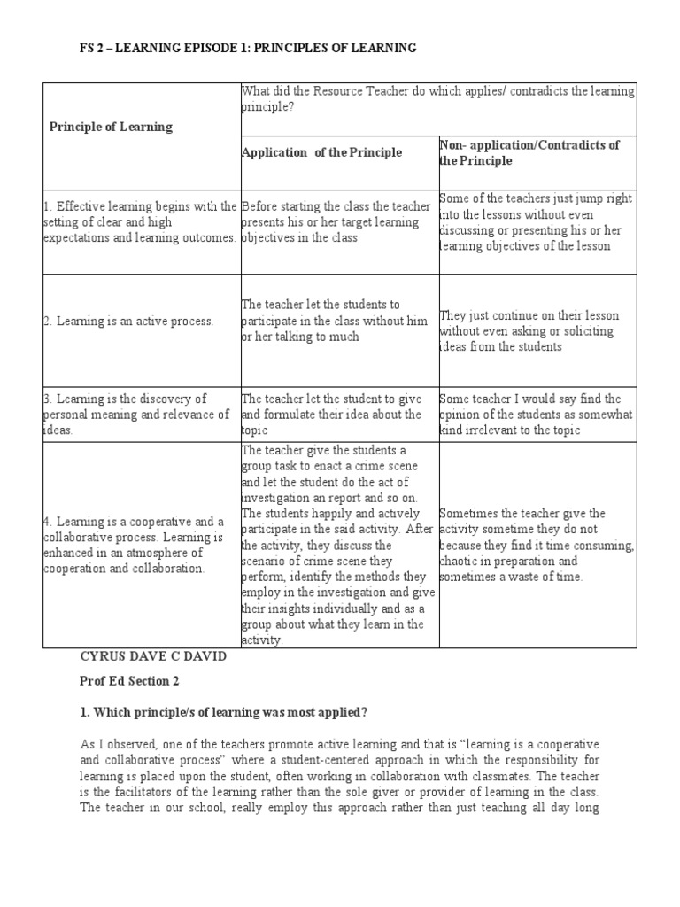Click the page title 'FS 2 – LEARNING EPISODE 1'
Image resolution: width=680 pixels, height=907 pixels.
(248, 48)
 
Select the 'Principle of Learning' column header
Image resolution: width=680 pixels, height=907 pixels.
(111, 127)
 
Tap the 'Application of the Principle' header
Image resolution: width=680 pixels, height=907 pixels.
(321, 152)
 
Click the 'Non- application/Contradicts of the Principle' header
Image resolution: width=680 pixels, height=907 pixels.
(529, 152)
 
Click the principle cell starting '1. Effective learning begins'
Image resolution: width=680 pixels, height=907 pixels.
(141, 222)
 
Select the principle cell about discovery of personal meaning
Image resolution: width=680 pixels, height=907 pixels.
(137, 414)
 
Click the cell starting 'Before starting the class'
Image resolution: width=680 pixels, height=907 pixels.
(336, 222)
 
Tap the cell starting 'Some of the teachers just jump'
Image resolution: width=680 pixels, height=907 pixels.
(534, 222)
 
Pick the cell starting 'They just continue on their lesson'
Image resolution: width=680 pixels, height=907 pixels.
(529, 331)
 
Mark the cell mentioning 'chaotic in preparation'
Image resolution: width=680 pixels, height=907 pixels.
(537, 545)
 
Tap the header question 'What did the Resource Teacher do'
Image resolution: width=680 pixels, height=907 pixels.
(438, 99)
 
